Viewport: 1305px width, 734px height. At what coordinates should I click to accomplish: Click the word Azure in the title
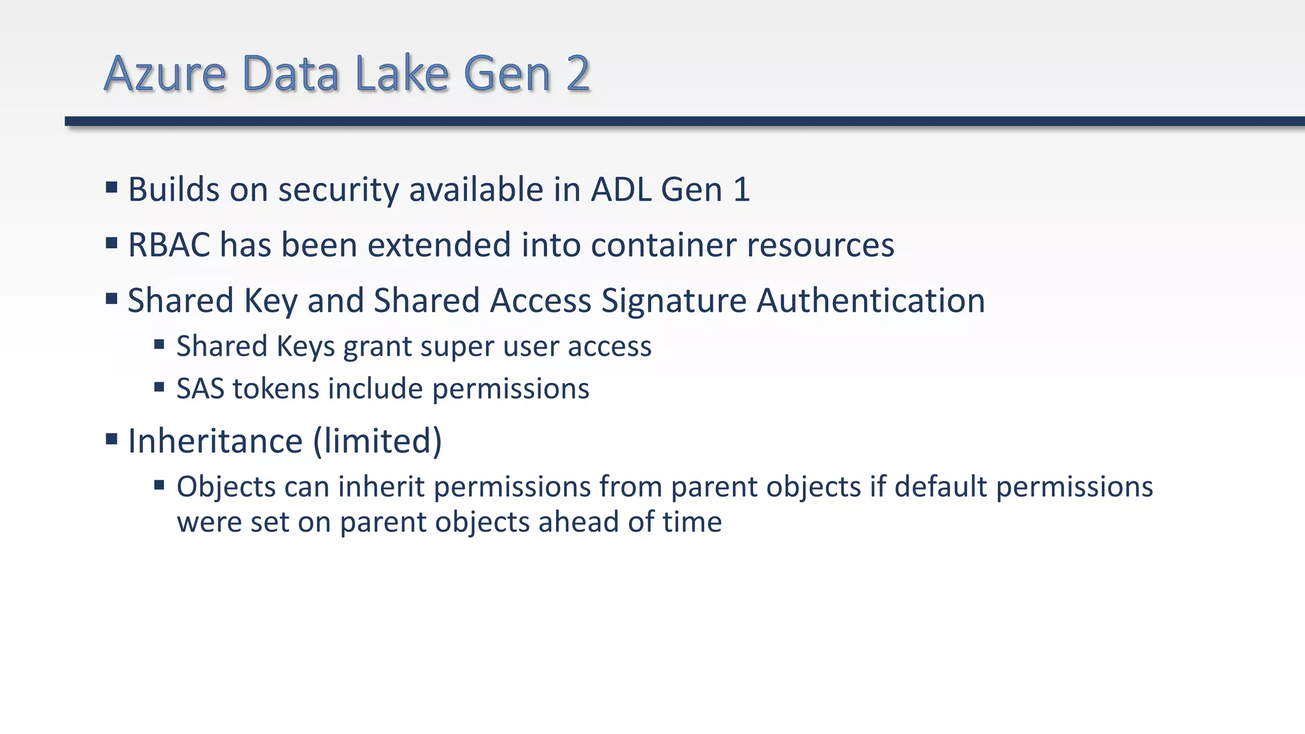click(x=165, y=74)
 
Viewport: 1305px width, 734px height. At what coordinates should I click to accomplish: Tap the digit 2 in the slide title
click(x=577, y=74)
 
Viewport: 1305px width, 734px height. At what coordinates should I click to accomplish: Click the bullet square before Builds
click(x=112, y=187)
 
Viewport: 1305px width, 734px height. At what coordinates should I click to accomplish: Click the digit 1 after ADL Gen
click(x=741, y=190)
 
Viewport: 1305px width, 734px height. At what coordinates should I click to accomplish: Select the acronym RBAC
click(x=169, y=245)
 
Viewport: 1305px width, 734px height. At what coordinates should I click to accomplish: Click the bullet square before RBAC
click(x=112, y=243)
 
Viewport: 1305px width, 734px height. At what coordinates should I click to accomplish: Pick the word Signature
click(x=674, y=301)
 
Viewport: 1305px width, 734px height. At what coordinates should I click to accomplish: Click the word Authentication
click(x=870, y=301)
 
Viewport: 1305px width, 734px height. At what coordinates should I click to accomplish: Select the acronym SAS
click(x=200, y=389)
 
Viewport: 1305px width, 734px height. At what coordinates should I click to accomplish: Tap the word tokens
click(x=275, y=389)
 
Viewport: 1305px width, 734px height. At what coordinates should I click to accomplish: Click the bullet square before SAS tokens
click(x=159, y=387)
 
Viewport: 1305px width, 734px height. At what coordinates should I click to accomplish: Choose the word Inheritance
click(x=215, y=441)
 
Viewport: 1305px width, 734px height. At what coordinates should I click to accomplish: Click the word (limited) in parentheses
click(x=377, y=441)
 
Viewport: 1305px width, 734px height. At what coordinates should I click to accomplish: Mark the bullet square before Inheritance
click(x=112, y=438)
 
